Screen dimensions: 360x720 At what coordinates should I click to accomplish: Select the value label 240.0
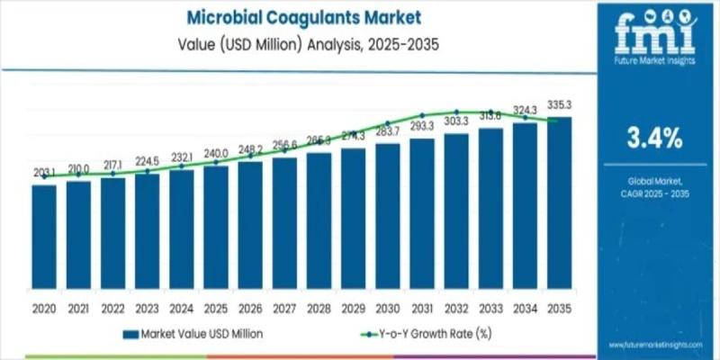(215, 153)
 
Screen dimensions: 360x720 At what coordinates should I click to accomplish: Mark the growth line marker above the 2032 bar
(456, 112)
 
